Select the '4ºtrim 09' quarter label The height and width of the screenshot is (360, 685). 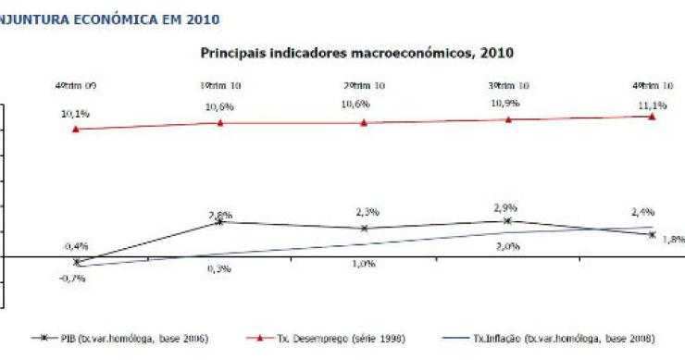(76, 86)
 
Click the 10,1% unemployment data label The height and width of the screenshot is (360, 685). (76, 115)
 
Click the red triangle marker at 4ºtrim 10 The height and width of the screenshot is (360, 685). (652, 116)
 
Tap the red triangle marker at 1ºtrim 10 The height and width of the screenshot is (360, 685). (219, 123)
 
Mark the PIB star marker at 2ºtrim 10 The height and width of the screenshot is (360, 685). (364, 228)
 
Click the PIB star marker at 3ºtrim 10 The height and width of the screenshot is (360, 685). (507, 220)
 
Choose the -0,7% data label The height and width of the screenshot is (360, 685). (74, 278)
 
